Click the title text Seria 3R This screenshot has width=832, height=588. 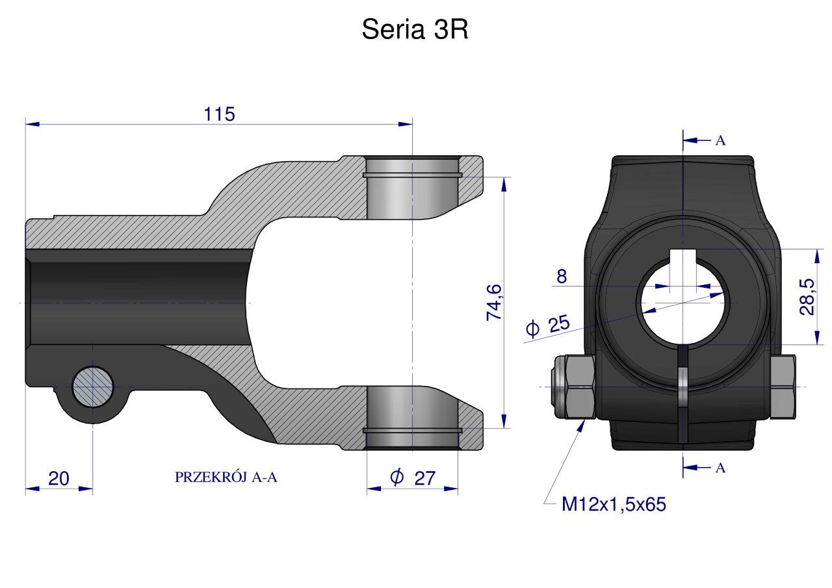[x=415, y=29]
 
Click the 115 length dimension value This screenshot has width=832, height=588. [x=220, y=114]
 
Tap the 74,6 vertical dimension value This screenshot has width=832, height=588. [x=495, y=302]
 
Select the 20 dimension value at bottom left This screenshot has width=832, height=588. [x=58, y=478]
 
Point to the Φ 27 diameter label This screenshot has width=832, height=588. [x=413, y=478]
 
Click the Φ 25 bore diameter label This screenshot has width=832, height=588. [x=548, y=325]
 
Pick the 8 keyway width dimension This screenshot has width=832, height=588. [x=562, y=276]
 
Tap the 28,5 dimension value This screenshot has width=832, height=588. [x=807, y=297]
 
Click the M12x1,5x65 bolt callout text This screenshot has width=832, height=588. [x=614, y=504]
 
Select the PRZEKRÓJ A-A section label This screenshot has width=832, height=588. [x=226, y=478]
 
